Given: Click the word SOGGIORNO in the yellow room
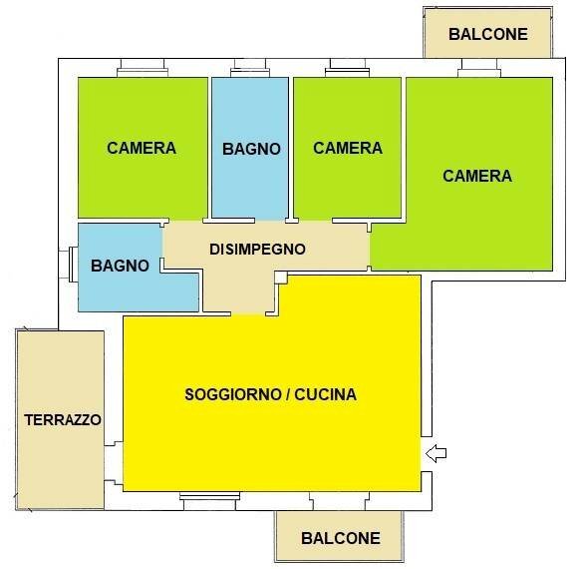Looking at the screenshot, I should point(231,394).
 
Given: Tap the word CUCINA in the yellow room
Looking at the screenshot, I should point(323,394).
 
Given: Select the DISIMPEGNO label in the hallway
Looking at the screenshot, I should point(256,250).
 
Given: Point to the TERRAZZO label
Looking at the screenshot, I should point(63,420).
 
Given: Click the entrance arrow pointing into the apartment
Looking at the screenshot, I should point(436,454).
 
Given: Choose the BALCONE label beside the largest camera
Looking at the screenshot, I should point(487,33).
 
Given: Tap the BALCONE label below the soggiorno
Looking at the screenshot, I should point(340,538).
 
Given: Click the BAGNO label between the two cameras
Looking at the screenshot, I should point(251,149).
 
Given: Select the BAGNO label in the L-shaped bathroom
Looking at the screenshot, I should point(120,266).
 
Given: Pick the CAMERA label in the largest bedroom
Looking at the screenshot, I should point(477,176).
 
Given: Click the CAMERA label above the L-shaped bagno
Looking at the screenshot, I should point(142,148).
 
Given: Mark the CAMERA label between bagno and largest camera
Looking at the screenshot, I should point(348,148).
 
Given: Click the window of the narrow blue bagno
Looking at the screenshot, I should point(249,70).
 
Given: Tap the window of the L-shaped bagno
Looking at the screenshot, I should point(72,266).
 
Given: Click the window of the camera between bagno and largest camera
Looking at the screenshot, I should point(348,70).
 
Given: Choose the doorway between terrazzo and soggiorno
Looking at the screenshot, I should point(113,460).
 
